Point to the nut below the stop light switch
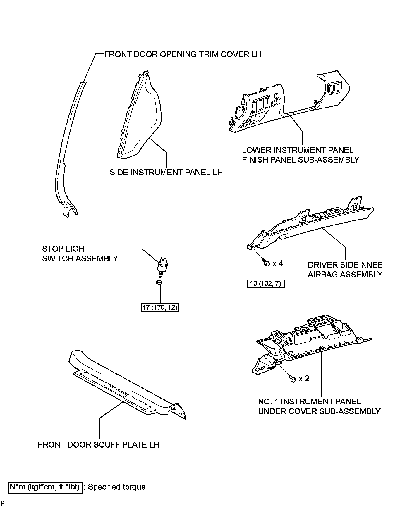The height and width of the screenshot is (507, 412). point(159,283)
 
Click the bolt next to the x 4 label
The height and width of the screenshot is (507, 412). point(266,263)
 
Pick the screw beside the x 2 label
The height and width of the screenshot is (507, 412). point(293,379)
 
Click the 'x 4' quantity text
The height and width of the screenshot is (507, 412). point(278,263)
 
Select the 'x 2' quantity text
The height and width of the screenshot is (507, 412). point(304,379)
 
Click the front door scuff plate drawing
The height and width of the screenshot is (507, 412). point(126,386)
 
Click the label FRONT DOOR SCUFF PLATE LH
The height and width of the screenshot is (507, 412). point(99,445)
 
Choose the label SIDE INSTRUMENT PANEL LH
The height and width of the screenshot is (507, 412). point(166,172)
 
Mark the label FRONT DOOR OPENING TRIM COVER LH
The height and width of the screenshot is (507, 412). point(183,54)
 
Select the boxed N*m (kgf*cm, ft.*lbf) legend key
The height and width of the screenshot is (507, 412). point(45,487)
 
